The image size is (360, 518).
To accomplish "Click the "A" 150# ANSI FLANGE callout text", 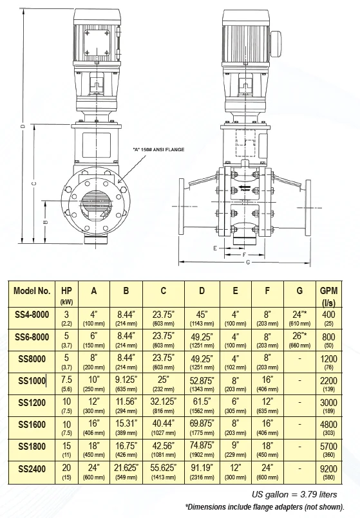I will point(159,150).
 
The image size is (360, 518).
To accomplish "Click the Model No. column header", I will point(32,290).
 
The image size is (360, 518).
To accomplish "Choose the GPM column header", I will point(329,295).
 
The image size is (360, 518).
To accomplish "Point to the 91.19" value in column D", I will point(202,468).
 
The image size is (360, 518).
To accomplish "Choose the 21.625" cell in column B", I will point(126,468).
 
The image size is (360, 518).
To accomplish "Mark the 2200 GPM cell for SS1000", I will point(329,382).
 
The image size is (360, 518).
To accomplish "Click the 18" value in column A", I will point(94,445).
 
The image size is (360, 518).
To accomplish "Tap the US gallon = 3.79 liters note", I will point(303,494).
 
